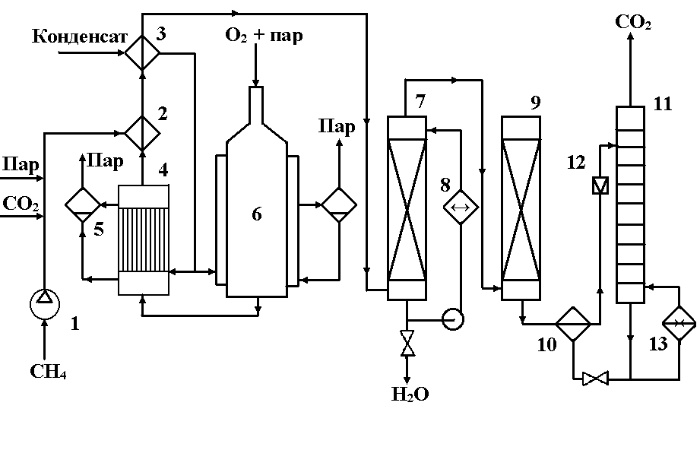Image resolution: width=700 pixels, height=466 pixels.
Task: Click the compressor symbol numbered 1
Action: click(44, 303)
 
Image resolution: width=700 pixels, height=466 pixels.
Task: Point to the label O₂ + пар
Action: click(263, 35)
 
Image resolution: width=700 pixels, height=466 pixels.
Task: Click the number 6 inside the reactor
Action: click(256, 215)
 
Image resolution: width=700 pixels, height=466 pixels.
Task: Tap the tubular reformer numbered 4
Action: click(144, 239)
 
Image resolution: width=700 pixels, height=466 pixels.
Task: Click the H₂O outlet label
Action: click(410, 394)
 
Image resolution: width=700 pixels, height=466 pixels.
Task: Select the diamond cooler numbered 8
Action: click(461, 206)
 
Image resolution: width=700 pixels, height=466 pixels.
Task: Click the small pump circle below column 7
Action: click(453, 319)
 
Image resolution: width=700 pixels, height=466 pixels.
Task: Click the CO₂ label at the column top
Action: click(632, 23)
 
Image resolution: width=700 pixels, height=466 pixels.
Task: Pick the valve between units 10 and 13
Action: click(597, 378)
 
